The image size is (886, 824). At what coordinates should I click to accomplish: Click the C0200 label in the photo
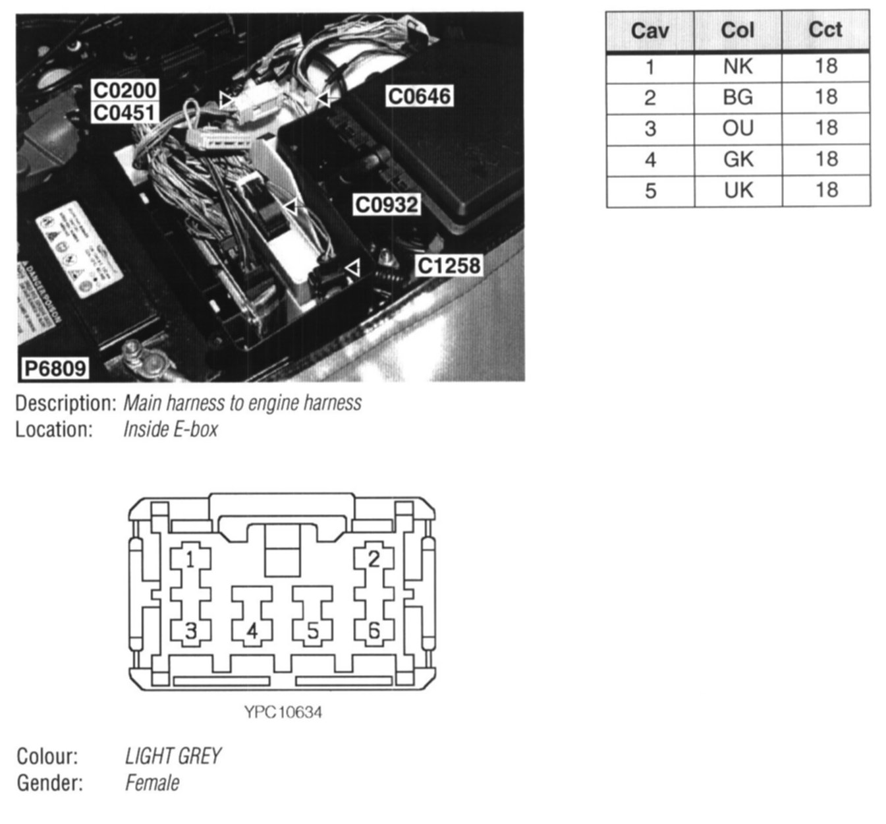pos(125,90)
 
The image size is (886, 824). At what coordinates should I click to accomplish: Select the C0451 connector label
pos(125,112)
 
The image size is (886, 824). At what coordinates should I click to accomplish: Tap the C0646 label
pos(420,96)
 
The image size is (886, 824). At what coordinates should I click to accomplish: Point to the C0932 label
pos(387,204)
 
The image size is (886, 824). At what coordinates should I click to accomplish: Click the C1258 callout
pos(449,266)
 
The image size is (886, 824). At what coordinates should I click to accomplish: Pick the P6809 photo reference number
pos(55,368)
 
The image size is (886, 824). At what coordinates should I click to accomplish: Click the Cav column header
pos(650,30)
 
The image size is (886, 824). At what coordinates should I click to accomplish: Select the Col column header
pos(737,30)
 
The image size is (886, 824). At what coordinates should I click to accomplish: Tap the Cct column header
pos(825,30)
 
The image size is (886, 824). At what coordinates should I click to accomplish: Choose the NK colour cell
pos(737,67)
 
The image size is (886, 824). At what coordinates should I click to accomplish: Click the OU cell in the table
pos(737,128)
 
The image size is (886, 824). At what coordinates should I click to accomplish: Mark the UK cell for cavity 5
pos(737,191)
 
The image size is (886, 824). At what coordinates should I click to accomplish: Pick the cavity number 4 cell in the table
pos(650,160)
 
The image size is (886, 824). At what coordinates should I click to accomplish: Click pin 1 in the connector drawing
pos(190,560)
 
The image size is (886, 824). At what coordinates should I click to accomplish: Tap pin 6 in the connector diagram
pos(374,631)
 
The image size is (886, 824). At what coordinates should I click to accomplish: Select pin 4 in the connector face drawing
pos(252,632)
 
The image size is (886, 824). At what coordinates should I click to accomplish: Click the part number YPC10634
pos(283,713)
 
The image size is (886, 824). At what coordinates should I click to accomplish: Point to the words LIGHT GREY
pos(173,756)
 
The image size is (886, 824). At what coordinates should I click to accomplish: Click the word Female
pos(152,783)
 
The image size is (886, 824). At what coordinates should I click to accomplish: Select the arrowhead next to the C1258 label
pos(354,268)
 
